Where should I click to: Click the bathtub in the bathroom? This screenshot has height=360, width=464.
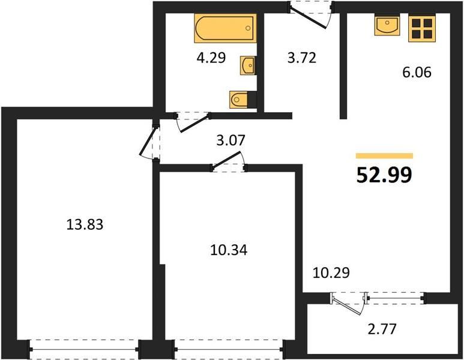click(225, 28)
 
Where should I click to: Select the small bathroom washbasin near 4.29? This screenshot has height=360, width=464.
click(248, 65)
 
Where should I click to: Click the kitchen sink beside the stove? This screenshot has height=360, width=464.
click(387, 26)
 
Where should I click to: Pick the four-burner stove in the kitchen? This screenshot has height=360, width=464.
click(422, 29)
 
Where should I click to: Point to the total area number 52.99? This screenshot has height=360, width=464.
click(384, 175)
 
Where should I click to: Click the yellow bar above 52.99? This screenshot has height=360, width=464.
click(384, 156)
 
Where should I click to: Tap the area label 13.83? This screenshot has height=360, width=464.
click(85, 224)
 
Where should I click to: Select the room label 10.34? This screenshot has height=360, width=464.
click(229, 250)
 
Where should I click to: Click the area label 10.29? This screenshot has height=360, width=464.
click(331, 272)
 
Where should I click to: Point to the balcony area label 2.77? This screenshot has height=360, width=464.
click(382, 329)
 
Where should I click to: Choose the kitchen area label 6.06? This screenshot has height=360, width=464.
click(417, 72)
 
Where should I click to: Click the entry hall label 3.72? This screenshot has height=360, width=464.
click(302, 58)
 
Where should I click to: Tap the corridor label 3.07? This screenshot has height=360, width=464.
click(231, 140)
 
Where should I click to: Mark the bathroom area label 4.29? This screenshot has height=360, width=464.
click(211, 58)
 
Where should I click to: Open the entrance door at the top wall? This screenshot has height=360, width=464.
click(311, 15)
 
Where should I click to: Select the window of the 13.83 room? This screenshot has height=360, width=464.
click(85, 350)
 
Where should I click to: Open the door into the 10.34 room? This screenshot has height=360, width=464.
click(229, 162)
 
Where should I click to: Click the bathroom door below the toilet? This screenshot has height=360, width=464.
click(192, 121)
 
